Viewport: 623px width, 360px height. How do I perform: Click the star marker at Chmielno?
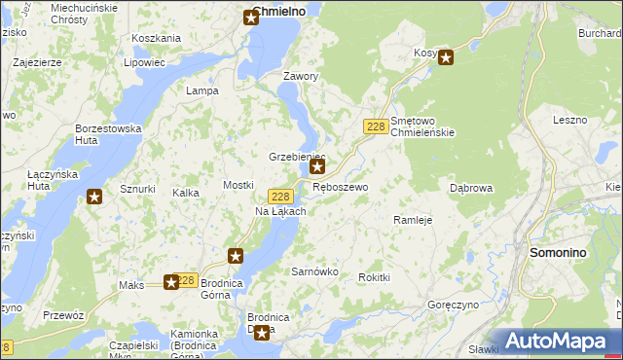pos(251,18)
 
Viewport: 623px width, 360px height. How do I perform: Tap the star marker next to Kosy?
pos(446,57)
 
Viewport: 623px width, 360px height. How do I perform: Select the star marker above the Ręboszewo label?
pos(316,167)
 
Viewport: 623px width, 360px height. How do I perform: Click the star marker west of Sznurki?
pos(94,198)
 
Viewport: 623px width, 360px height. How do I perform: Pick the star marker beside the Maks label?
pos(171,282)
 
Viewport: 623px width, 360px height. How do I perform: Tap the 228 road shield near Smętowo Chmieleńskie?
pos(376,126)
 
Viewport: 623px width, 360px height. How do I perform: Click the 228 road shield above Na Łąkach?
pos(280,196)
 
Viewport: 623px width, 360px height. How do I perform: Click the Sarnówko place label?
pos(314,271)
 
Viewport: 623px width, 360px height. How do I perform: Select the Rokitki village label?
pos(374,277)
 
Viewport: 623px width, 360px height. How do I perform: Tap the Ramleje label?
pos(412,220)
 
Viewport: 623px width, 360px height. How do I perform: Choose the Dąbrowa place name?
pos(471,188)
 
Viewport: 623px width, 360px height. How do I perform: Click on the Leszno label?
pos(569,120)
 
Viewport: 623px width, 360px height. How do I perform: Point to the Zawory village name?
pos(300,76)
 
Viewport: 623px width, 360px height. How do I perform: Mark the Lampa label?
pos(202,90)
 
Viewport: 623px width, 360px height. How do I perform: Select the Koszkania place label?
pos(156,38)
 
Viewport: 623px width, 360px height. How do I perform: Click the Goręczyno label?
pos(451,305)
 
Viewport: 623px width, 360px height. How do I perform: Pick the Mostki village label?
pos(238,185)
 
